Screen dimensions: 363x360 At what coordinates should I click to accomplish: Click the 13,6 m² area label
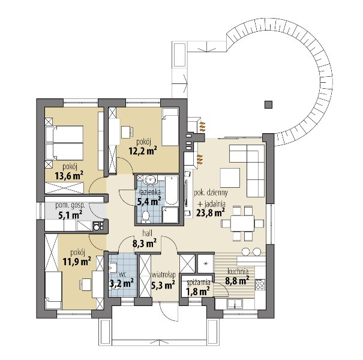[69, 176]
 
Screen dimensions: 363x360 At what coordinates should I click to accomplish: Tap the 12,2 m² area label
[143, 151]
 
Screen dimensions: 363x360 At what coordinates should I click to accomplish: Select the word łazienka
[149, 193]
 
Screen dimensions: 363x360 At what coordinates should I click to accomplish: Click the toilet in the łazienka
[146, 217]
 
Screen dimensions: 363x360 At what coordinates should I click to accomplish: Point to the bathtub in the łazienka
[172, 190]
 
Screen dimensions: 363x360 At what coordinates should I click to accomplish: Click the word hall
[148, 233]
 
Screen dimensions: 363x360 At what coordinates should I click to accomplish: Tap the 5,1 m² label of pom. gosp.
[71, 215]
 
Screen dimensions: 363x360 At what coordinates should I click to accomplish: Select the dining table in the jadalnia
[242, 223]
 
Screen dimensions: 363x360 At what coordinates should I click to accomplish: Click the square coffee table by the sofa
[230, 178]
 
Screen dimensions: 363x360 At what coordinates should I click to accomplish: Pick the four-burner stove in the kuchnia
[260, 284]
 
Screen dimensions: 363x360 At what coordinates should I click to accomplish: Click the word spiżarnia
[199, 283]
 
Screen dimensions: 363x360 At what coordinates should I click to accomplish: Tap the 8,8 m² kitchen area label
[237, 281]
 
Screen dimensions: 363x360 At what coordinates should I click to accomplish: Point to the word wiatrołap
[163, 275]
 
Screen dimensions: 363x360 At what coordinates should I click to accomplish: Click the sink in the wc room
[113, 268]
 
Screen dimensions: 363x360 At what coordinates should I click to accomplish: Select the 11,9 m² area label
[77, 262]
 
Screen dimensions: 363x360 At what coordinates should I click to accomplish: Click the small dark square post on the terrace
[268, 104]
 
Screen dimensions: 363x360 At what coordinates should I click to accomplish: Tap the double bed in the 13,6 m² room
[64, 143]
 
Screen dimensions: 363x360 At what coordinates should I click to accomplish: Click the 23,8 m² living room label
[211, 212]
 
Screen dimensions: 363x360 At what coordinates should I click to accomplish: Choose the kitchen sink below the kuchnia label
[235, 304]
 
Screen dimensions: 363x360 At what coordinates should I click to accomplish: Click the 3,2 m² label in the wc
[122, 284]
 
